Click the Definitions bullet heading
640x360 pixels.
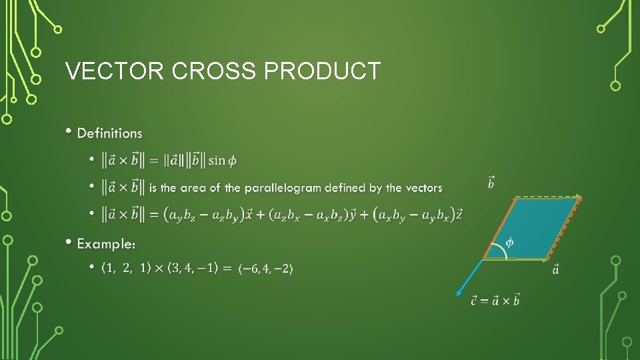[x=110, y=133]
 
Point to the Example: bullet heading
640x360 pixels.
[x=107, y=244]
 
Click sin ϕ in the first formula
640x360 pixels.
[x=222, y=161]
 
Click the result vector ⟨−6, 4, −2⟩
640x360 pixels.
[x=265, y=269]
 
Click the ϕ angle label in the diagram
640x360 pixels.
[x=509, y=242]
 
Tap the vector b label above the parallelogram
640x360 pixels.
[x=491, y=181]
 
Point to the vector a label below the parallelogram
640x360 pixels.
[x=556, y=269]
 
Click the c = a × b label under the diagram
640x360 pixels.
[x=495, y=300]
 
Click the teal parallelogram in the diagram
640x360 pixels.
[x=533, y=227]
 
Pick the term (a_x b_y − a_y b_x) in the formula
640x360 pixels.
[x=413, y=215]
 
